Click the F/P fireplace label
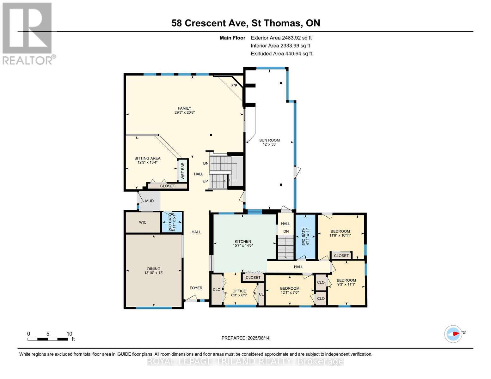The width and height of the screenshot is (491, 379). [x=234, y=86]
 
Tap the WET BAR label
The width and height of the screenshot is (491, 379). [x=182, y=171]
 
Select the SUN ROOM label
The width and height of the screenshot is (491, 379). [x=269, y=140]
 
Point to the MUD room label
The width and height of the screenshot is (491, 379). [x=149, y=201]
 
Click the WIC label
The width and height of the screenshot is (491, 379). [x=143, y=222]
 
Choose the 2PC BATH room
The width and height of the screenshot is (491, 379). [x=172, y=222]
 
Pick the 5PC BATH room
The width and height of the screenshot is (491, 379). [x=305, y=237]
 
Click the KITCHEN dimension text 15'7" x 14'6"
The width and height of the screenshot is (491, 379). [x=243, y=245]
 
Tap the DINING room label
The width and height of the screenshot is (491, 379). [x=154, y=269]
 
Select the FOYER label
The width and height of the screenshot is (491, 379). [x=196, y=288]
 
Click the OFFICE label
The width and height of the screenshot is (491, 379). [x=239, y=291]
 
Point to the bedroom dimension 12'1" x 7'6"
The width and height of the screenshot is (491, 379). [x=290, y=292]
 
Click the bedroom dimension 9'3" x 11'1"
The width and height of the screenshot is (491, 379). [x=346, y=284]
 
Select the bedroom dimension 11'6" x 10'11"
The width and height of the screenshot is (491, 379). [x=340, y=235]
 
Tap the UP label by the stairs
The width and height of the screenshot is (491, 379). [x=205, y=181]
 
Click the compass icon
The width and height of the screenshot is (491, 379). [x=453, y=334]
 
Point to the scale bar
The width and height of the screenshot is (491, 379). [x=48, y=339]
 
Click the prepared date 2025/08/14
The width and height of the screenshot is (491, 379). [x=259, y=338]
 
